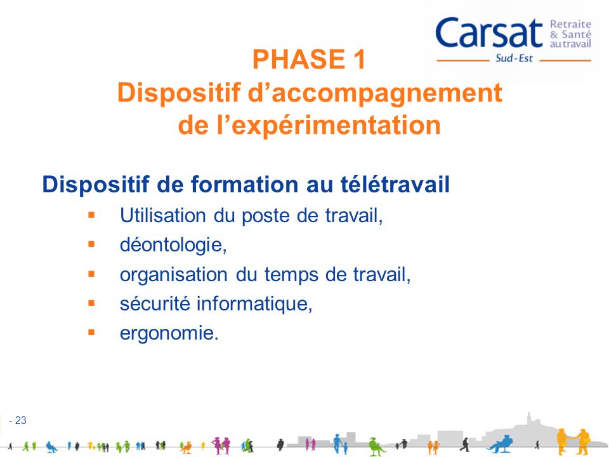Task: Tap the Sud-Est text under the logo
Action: pyautogui.click(x=514, y=61)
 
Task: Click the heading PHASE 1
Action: pyautogui.click(x=309, y=60)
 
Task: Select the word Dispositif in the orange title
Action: pyautogui.click(x=178, y=93)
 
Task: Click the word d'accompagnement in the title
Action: pyautogui.click(x=374, y=93)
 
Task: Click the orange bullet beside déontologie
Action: pyautogui.click(x=91, y=244)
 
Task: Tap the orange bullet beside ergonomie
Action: pyautogui.click(x=91, y=332)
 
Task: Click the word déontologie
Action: pyautogui.click(x=173, y=246)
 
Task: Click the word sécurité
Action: pyautogui.click(x=155, y=304)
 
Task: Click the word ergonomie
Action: pyautogui.click(x=168, y=334)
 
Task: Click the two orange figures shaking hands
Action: pyautogui.click(x=573, y=439)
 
